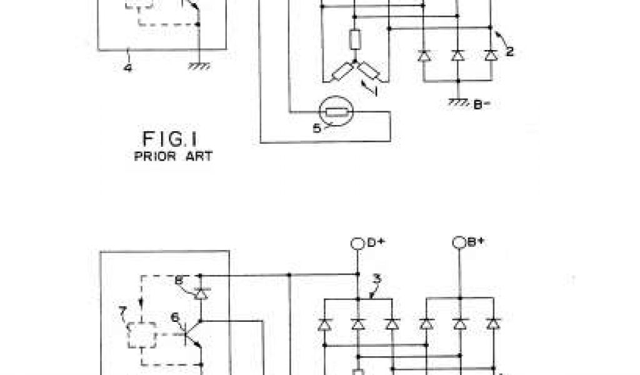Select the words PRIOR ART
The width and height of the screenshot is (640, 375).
click(x=173, y=156)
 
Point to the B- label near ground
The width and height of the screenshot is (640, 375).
click(x=481, y=105)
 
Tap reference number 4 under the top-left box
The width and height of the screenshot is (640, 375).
click(x=127, y=67)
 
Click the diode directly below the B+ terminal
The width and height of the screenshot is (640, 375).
click(x=461, y=324)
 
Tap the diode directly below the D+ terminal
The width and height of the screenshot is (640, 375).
click(x=358, y=324)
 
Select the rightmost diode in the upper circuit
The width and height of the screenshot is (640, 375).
click(x=491, y=55)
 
